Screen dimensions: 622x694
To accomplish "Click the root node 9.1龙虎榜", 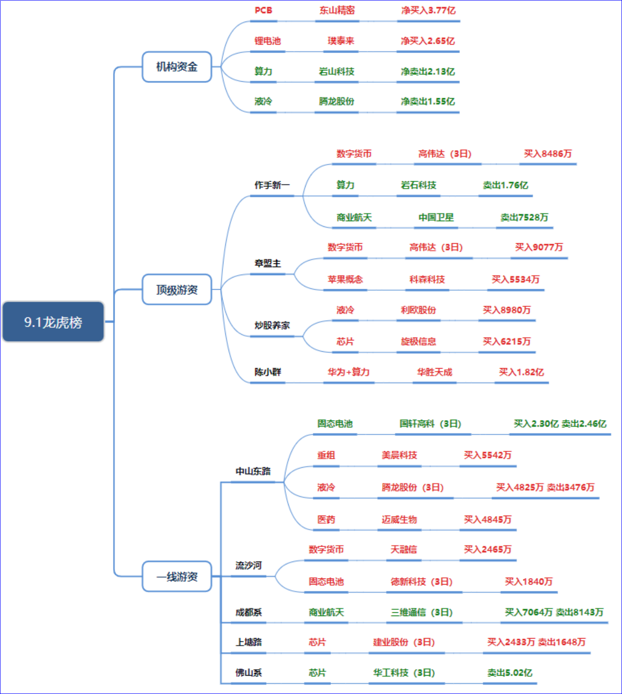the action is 53,322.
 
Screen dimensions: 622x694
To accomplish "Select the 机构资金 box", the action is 177,67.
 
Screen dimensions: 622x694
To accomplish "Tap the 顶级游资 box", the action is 177,289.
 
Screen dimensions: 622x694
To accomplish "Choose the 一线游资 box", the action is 177,576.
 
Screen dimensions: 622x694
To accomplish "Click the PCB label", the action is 263,10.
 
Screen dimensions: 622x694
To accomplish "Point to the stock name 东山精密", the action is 337,10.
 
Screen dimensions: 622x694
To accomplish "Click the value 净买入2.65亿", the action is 428,41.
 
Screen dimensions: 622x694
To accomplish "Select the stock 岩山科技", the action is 336,71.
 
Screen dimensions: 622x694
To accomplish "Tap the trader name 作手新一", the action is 272,185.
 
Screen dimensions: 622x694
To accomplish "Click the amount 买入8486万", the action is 548,154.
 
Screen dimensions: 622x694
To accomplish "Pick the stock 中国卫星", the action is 436,217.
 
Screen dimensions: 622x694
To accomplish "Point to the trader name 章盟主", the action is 268,263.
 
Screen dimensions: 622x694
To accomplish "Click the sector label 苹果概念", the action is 345,279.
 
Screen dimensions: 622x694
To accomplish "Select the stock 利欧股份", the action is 418,310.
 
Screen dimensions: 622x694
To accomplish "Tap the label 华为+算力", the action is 349,372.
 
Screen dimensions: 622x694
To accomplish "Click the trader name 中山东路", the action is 253,471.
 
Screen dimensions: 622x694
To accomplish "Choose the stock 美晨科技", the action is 399,455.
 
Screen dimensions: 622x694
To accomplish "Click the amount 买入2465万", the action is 488,549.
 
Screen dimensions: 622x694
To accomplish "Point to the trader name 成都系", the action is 249,612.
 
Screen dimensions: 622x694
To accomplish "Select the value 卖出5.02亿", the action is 510,673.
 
